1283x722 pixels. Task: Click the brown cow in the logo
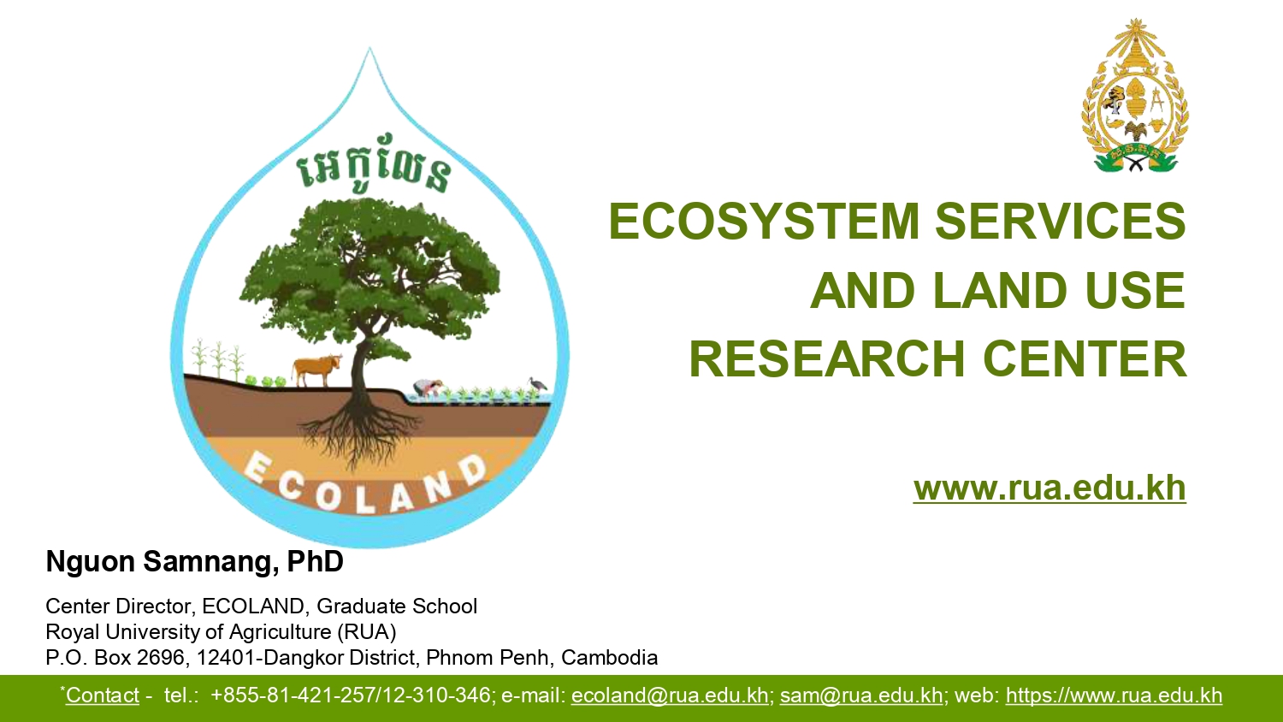[x=316, y=370]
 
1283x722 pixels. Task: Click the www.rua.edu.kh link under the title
[x=1049, y=488]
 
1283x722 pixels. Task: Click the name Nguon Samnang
[x=162, y=561]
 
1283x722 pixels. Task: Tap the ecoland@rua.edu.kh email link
[x=670, y=695]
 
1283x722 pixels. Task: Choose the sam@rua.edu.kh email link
[x=861, y=695]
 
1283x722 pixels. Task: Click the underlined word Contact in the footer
[x=103, y=695]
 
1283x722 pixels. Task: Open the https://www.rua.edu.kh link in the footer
[x=1114, y=695]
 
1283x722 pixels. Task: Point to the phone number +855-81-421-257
[x=293, y=695]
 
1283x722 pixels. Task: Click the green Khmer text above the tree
[x=374, y=163]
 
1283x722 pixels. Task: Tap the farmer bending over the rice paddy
[x=428, y=388]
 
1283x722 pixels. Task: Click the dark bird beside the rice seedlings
[x=537, y=383]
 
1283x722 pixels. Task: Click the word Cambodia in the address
[x=609, y=657]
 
